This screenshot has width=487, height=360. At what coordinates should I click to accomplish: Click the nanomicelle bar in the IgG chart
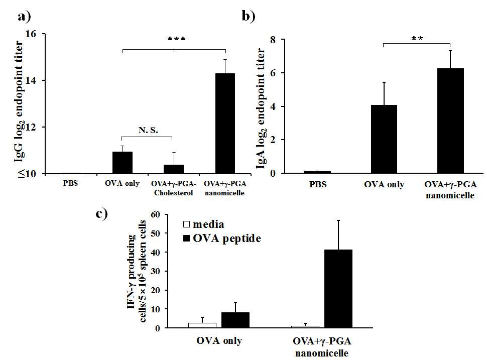coord(225,124)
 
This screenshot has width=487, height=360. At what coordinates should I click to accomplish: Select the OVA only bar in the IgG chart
coord(123,163)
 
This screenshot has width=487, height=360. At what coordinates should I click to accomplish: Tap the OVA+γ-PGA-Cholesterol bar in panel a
coord(174,169)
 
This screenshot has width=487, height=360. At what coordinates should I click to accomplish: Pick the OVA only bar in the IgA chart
coord(384,139)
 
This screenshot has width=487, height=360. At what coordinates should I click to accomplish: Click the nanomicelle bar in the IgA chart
coord(450,121)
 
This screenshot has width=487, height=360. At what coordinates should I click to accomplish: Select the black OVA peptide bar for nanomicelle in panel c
coord(338,289)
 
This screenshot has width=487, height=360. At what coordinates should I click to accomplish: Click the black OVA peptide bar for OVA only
coord(235,320)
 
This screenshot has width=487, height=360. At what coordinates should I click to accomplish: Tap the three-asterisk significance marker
coord(176,39)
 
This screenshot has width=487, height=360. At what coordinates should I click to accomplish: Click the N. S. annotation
coord(148,130)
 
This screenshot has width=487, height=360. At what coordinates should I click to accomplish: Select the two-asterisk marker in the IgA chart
coord(417,39)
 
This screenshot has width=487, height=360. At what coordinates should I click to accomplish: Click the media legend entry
coord(204,224)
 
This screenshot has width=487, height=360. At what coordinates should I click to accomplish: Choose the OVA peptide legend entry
coord(222,238)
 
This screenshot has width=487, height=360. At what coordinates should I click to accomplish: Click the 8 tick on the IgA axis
coord(273,40)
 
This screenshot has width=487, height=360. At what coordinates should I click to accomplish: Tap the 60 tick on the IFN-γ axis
coord(155,214)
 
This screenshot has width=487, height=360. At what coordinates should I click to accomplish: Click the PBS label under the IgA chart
coord(318,184)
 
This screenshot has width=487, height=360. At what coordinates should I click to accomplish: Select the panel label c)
coord(102,214)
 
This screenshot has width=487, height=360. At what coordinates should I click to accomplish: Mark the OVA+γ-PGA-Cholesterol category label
coord(174,188)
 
